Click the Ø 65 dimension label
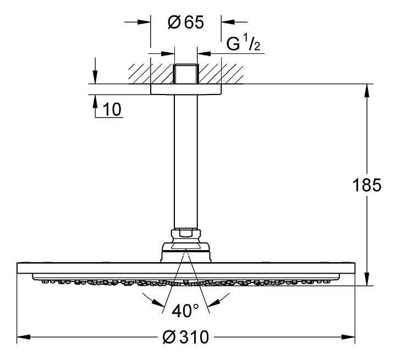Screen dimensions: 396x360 click(x=186, y=22)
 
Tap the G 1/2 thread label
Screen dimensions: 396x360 click(x=243, y=43)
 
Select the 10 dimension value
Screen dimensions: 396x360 click(x=112, y=109)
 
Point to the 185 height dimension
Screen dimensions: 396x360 click(x=367, y=185)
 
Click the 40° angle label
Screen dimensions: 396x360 click(x=185, y=311)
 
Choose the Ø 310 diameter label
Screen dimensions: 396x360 click(x=186, y=337)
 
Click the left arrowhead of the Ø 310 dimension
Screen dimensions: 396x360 click(x=24, y=337)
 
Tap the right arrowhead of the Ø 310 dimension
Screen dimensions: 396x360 click(x=348, y=337)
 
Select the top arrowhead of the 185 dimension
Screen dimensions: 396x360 click(x=367, y=90)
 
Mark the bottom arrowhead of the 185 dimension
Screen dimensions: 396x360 click(x=367, y=279)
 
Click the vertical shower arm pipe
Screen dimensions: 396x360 click(x=186, y=162)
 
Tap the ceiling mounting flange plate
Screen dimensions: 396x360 click(x=186, y=89)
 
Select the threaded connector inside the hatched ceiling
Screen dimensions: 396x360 click(x=186, y=74)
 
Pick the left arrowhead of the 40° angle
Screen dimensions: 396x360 click(x=158, y=303)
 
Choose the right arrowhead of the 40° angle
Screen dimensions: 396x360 click(x=214, y=302)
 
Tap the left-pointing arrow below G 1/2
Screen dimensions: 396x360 click(x=204, y=53)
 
